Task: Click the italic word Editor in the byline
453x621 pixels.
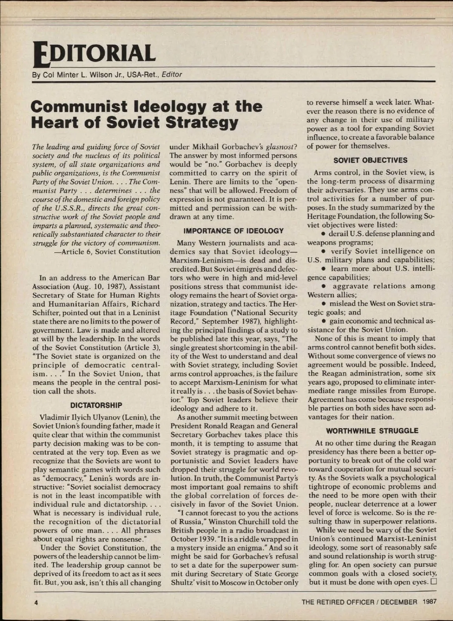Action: pyautogui.click(x=172, y=74)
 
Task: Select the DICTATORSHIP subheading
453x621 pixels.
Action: pyautogui.click(x=96, y=405)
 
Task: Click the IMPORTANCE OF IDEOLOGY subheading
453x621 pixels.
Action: pyautogui.click(x=233, y=231)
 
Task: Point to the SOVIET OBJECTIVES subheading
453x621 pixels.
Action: pyautogui.click(x=370, y=160)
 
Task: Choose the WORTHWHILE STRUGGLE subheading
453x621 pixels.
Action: pyautogui.click(x=372, y=431)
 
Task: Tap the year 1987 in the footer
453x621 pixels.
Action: pyautogui.click(x=429, y=602)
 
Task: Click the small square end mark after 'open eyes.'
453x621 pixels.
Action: pyautogui.click(x=433, y=582)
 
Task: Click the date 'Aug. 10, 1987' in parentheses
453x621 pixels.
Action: pyautogui.click(x=85, y=286)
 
